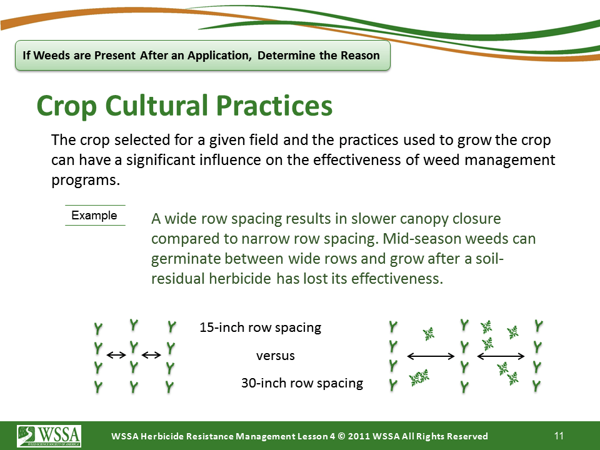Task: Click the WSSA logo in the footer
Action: coord(49,436)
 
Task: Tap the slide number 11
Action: coord(559,436)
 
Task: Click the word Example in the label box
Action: coord(94,216)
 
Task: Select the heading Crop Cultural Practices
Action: coord(184,106)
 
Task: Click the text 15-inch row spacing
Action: coord(260,327)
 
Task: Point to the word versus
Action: coord(276,356)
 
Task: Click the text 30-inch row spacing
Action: coord(302,383)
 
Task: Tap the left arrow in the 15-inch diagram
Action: coord(116,355)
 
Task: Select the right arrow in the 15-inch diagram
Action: coord(151,355)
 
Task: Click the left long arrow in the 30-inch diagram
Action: coord(431,356)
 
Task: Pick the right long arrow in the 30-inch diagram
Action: coord(501,356)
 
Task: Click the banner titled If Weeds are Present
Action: coord(202,56)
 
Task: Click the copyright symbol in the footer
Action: coord(342,436)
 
